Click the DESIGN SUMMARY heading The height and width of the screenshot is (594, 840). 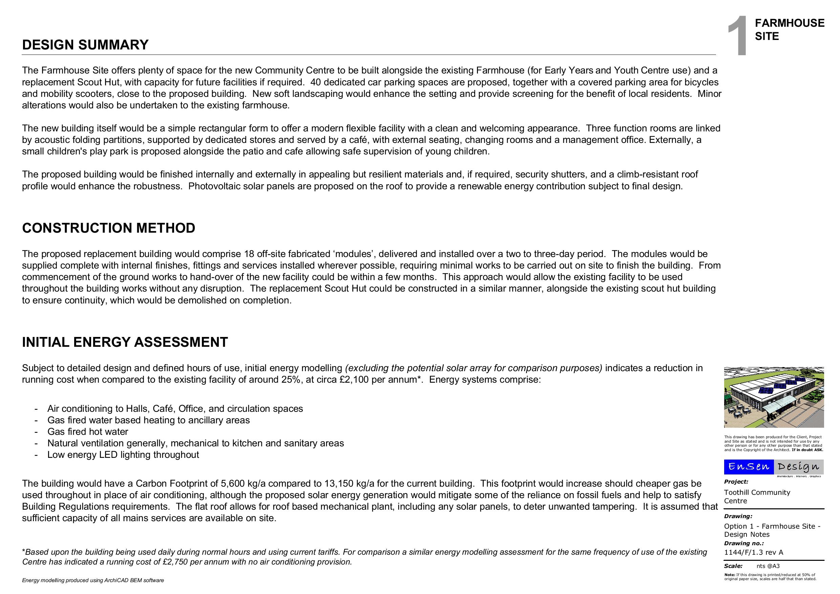(x=85, y=45)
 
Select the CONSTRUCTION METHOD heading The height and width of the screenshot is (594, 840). (x=109, y=228)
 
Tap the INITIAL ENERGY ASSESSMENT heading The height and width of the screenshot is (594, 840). (x=125, y=342)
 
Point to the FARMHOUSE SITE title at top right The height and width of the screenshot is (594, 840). (x=789, y=29)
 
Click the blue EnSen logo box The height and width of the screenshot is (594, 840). (x=749, y=467)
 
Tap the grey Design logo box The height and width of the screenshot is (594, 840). (x=799, y=467)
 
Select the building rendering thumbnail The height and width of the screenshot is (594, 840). (x=774, y=397)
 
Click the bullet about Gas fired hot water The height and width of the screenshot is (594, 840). (x=88, y=431)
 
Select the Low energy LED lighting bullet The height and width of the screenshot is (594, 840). (x=123, y=455)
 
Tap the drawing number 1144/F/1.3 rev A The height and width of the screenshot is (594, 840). (x=754, y=552)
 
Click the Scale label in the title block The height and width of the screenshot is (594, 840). (x=733, y=566)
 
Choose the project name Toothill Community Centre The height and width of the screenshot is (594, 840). (x=757, y=497)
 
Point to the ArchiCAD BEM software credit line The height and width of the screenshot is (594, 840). (x=93, y=580)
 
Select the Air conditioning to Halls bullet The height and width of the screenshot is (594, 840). (x=175, y=408)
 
